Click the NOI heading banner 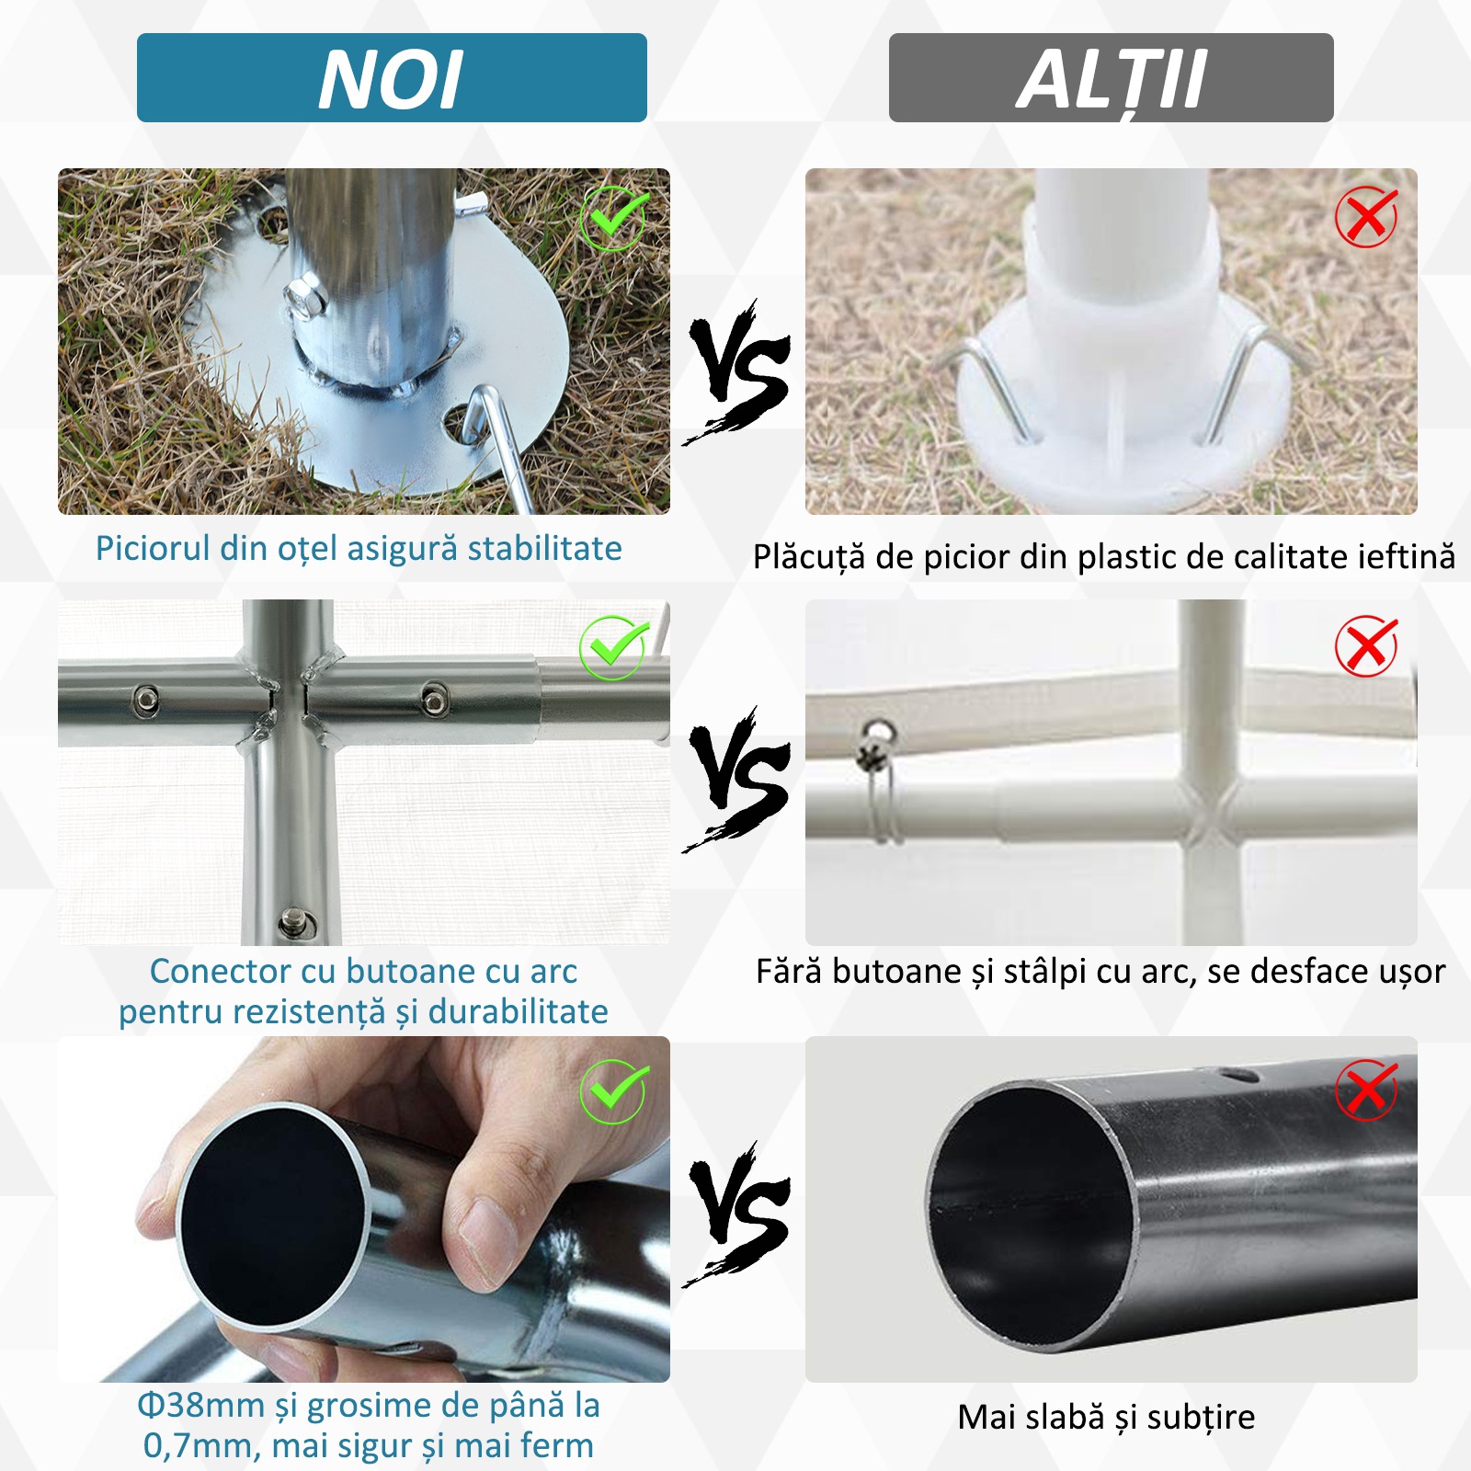(x=392, y=78)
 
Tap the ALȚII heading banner (x=1111, y=78)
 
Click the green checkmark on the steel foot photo (x=613, y=219)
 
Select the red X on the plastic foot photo (x=1366, y=218)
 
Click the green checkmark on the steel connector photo (x=613, y=648)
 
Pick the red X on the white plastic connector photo (x=1366, y=646)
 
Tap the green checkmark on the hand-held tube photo (x=613, y=1091)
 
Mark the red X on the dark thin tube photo (x=1366, y=1090)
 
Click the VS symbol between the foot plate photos (x=737, y=372)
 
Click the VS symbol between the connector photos (x=737, y=780)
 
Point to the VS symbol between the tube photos (x=737, y=1214)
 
